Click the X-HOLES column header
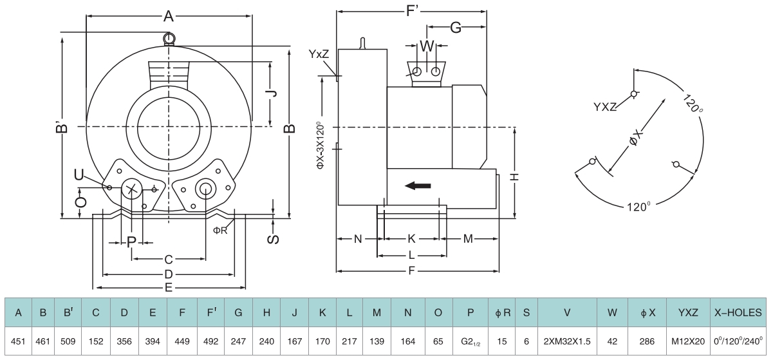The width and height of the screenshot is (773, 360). pyautogui.click(x=738, y=313)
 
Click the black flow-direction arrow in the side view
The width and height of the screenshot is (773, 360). pyautogui.click(x=418, y=186)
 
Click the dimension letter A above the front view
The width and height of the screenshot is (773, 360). pyautogui.click(x=169, y=17)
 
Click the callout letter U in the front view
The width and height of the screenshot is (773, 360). pyautogui.click(x=79, y=175)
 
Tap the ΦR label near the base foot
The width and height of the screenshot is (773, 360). pyautogui.click(x=220, y=230)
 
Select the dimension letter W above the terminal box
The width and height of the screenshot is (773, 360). pyautogui.click(x=426, y=46)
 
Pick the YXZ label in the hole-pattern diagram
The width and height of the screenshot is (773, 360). pyautogui.click(x=605, y=107)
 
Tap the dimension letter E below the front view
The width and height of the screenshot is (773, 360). pyautogui.click(x=169, y=287)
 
